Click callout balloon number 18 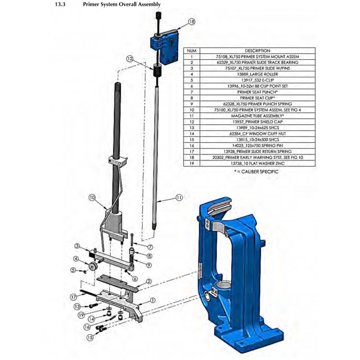coord(192,22)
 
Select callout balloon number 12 coord(130,58)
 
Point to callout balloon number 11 coord(179,197)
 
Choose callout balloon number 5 coord(73,270)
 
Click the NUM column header coord(191,50)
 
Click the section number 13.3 coord(60,4)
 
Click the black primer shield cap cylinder coord(157,71)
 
